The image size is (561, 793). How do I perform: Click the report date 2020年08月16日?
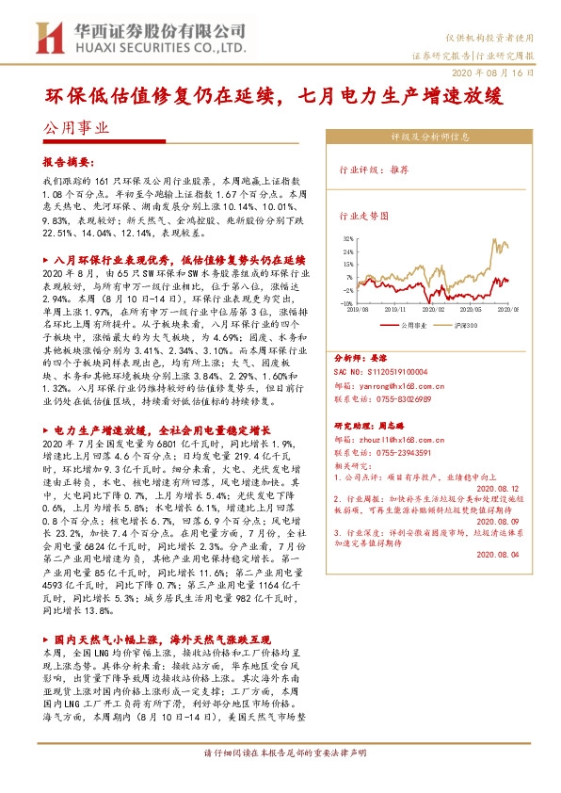tap(500, 72)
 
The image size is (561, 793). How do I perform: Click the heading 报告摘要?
tap(70, 161)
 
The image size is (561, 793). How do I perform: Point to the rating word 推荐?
tap(398, 170)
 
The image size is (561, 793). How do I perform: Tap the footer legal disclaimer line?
tap(280, 780)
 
